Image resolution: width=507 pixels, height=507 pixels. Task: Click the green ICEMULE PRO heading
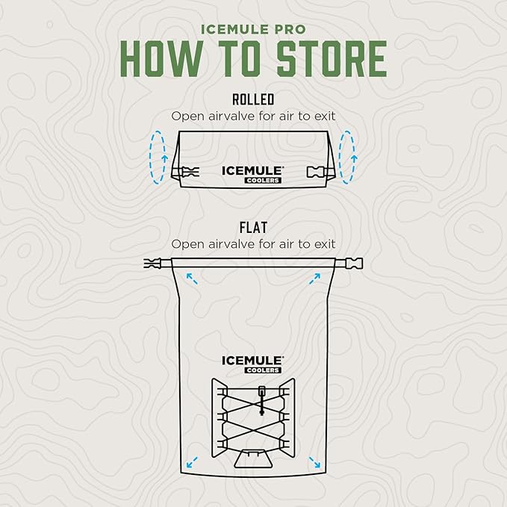click(253, 29)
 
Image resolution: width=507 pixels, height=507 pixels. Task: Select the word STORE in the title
click(332, 58)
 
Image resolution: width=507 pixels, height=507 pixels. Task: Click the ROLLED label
click(253, 99)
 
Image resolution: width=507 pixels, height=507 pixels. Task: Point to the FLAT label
click(253, 227)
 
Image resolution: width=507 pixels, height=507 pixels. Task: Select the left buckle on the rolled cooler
click(190, 172)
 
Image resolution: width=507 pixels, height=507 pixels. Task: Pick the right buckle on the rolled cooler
click(315, 172)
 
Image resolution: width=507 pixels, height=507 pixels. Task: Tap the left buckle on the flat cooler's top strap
click(152, 263)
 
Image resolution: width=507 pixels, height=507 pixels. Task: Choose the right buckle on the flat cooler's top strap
click(354, 263)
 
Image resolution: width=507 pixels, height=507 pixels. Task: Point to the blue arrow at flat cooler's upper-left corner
click(192, 279)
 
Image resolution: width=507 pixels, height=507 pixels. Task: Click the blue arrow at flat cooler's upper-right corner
click(314, 279)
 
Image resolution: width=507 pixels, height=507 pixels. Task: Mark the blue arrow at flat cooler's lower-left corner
click(192, 462)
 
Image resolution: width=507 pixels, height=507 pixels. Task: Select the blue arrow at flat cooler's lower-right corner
click(314, 462)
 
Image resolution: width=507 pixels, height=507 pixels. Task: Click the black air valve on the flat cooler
click(261, 401)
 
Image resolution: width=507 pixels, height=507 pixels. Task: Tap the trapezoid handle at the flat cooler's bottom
click(253, 458)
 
